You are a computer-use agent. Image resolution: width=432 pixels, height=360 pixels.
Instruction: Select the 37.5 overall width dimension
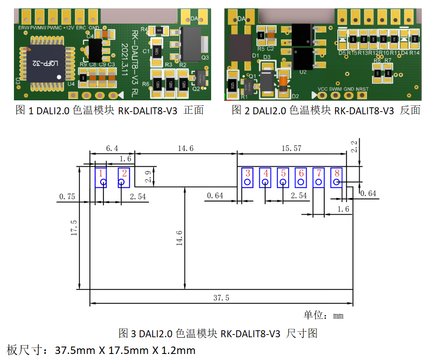pos(221,298)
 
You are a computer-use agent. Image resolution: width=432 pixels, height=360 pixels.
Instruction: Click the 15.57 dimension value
pos(291,149)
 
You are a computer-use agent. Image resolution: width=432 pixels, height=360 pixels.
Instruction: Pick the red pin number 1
pos(101,173)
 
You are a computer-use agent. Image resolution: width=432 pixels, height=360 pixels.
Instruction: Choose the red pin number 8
pos(336,173)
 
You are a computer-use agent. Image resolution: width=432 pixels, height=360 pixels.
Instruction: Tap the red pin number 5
pos(283,173)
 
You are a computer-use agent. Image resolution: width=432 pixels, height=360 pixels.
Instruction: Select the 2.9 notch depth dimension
pos(148,176)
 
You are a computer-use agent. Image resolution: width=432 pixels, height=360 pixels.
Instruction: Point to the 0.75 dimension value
pos(67,196)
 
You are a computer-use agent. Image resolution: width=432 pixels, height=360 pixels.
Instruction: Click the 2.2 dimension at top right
pos(355,147)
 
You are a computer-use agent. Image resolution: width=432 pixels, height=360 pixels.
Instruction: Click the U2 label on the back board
pos(303,72)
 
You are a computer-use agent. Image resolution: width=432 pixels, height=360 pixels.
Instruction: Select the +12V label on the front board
pos(68,28)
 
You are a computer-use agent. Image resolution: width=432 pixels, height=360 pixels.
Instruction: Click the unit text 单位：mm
pos(323,315)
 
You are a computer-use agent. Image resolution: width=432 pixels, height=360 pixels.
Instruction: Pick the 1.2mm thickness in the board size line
pos(178,350)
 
